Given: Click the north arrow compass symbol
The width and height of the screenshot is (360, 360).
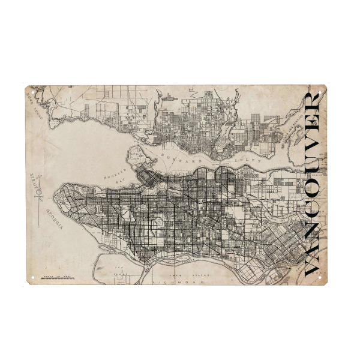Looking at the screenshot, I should [x=38, y=183].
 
